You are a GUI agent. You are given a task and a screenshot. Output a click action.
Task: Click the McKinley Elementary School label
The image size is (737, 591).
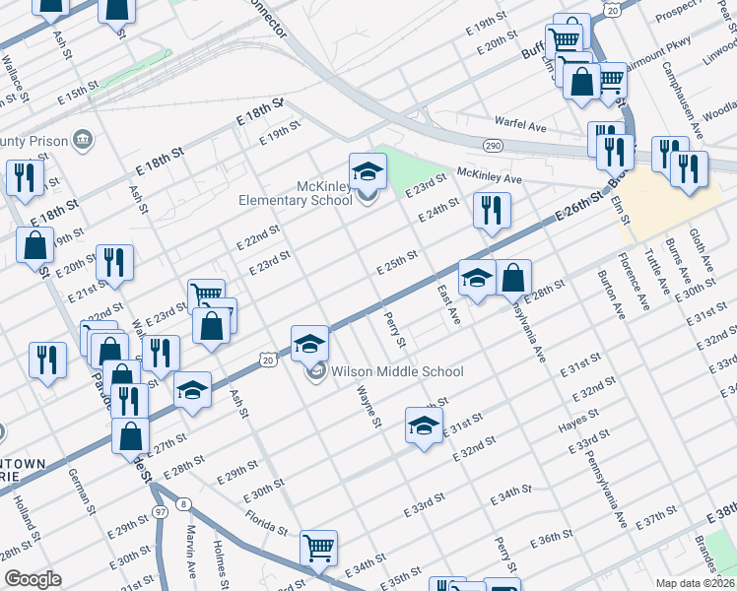pos(297,193)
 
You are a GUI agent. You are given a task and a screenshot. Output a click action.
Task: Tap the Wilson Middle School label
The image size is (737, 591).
pos(396,372)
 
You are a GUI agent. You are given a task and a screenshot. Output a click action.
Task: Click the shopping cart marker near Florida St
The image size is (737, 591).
pos(319,547)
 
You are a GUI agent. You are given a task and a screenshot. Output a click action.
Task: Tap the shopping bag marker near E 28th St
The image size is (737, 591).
pos(513,279)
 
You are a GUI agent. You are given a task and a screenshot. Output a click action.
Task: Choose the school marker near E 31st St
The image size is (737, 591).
pos(424,427)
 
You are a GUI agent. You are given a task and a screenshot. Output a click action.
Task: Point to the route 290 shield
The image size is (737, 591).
pos(492,146)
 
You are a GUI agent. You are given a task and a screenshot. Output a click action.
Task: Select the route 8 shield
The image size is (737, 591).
pos(183,505)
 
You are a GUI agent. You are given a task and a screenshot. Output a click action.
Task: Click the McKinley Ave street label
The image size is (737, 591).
pos(489,176)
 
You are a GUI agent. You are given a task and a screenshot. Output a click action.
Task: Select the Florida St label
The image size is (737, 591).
pos(267,521)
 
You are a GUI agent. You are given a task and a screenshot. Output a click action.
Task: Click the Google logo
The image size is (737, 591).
pos(33,579)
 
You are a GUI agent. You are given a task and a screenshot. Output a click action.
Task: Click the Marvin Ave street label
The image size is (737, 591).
pos(191,556)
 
